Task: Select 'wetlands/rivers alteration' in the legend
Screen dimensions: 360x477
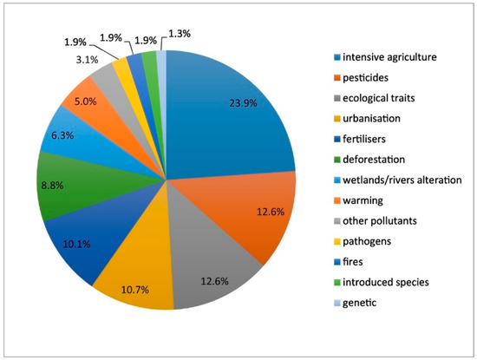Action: [408, 180]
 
